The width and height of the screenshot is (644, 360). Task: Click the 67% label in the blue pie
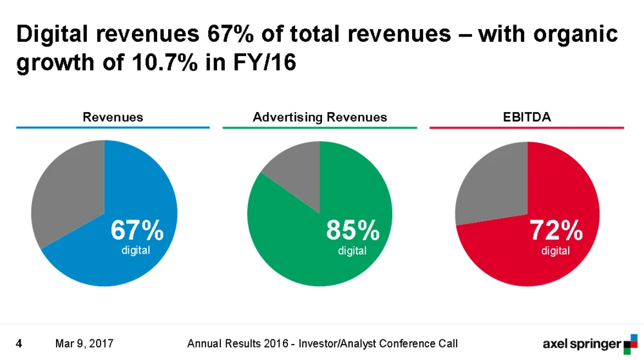[137, 231]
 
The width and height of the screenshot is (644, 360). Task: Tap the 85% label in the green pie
[352, 231]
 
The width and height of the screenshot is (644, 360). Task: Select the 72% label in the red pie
[556, 231]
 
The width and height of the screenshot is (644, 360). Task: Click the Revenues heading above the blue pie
[113, 117]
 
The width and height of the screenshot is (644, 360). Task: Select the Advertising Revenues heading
[320, 117]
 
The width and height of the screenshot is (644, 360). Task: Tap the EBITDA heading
[527, 117]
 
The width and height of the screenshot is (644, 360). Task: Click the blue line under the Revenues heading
[113, 128]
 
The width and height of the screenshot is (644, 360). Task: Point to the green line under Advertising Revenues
[320, 128]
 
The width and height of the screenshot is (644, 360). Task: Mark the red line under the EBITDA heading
[527, 128]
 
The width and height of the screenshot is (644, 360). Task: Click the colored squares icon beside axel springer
[630, 343]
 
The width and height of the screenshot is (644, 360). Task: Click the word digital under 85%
[352, 251]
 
